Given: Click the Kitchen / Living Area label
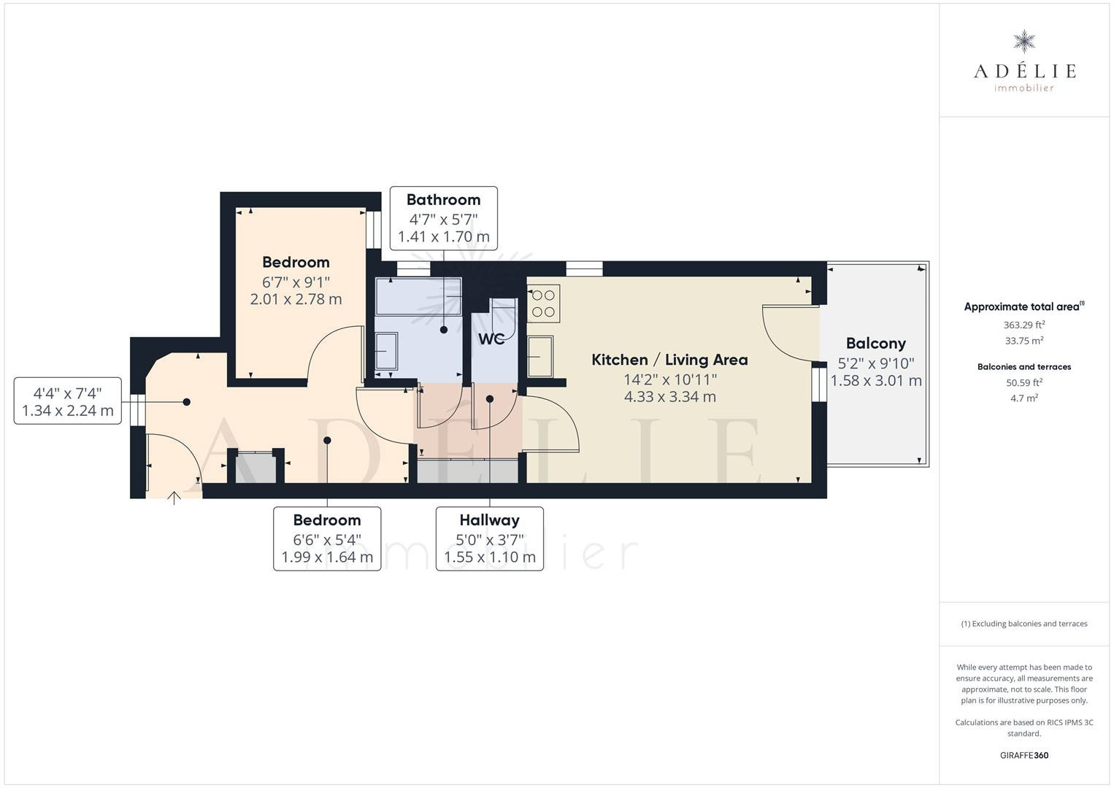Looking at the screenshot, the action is pos(669,360).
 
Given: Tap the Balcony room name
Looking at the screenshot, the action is pos(876,344).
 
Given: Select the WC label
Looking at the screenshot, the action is pos(491,339).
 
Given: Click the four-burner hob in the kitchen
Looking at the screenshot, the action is pos(544,304).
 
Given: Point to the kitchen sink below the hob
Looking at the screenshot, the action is pos(540,356).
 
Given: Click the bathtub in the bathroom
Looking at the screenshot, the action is pos(418,296).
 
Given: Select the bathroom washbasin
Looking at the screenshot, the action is pos(386,351).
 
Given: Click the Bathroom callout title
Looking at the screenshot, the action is pos(444,200).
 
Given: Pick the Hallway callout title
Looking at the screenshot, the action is pos(489,520).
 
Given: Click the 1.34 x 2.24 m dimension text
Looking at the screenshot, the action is pos(68,411).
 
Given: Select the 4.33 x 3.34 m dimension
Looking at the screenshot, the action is pos(670,397).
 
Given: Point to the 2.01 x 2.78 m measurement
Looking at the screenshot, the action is pos(296,299).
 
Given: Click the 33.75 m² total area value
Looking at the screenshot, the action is pos(1024,341).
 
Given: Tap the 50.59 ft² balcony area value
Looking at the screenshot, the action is pos(1024,382).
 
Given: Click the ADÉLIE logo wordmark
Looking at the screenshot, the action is pos(1024,71).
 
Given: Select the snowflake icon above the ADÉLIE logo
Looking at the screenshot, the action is pos(1024,42).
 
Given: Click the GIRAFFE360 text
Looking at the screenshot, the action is pos(1024,755).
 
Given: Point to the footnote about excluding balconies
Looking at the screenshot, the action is pos(1024,623).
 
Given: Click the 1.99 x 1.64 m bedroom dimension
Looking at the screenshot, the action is pos(327,557).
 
